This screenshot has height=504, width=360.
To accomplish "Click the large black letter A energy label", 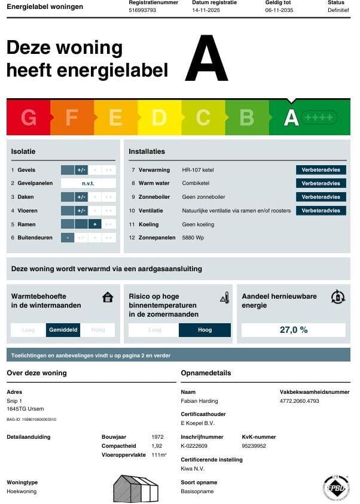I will pyautogui.click(x=206, y=59).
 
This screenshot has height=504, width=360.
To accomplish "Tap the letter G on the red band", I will pyautogui.click(x=28, y=117).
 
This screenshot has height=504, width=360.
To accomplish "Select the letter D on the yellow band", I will pyautogui.click(x=159, y=117).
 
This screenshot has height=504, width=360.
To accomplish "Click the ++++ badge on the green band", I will pyautogui.click(x=319, y=117).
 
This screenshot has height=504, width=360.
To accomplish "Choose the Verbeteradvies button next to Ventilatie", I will pyautogui.click(x=321, y=211).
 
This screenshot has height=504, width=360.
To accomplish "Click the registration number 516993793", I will pyautogui.click(x=142, y=10).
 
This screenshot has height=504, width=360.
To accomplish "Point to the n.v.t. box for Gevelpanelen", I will pyautogui.click(x=88, y=183).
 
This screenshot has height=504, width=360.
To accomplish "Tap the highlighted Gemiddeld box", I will pyautogui.click(x=63, y=330).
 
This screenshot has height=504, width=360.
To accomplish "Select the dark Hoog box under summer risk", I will pyautogui.click(x=205, y=330).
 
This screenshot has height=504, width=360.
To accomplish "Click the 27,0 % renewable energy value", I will pyautogui.click(x=293, y=330).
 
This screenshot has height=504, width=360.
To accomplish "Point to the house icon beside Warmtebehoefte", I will pyautogui.click(x=108, y=297).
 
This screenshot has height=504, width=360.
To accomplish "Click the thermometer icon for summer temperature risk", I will pyautogui.click(x=225, y=297).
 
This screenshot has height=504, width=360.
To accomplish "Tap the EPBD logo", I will pyautogui.click(x=336, y=487).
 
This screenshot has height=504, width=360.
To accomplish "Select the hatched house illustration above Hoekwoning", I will pyautogui.click(x=136, y=488).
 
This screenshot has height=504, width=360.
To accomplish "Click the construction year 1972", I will pyautogui.click(x=157, y=437).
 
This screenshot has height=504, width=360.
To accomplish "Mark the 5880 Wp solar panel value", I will pyautogui.click(x=193, y=238).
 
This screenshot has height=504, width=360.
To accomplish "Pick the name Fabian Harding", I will pyautogui.click(x=199, y=401).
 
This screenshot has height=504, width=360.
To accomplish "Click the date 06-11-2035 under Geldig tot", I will pyautogui.click(x=279, y=10).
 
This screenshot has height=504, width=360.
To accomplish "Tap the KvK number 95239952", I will pyautogui.click(x=254, y=446).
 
